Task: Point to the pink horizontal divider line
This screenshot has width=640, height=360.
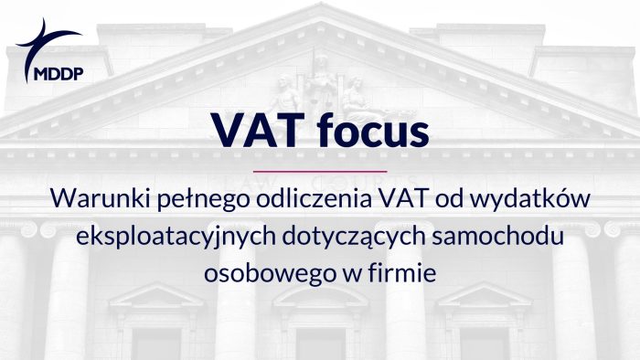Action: click(x=319, y=170)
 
